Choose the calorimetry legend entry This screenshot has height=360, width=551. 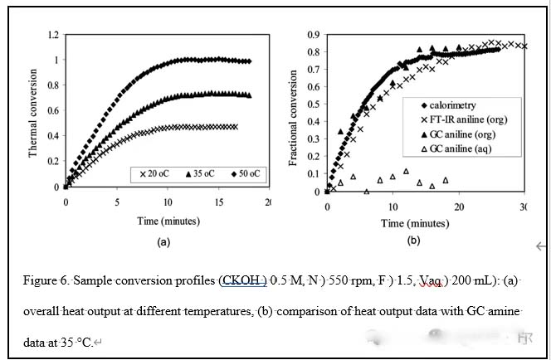point(453,106)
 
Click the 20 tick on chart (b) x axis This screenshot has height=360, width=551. point(458,205)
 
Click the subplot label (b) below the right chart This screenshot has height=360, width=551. point(413,241)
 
